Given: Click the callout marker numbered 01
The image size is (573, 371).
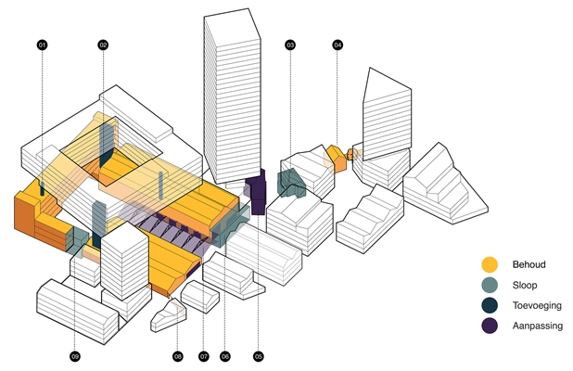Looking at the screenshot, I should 42,45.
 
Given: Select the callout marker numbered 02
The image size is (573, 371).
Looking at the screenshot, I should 103,45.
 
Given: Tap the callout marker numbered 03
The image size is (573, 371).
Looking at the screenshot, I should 290,45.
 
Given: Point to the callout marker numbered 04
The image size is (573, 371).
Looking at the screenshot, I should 337,45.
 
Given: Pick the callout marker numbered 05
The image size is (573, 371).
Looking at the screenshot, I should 259,355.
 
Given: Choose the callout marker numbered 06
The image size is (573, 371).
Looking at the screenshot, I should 224,355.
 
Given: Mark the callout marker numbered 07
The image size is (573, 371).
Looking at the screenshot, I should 203,355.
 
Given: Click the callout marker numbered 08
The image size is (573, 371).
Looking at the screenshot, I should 178,355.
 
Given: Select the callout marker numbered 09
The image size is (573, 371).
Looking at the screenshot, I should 75,355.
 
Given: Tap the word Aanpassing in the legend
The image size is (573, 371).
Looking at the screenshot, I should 538,326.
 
